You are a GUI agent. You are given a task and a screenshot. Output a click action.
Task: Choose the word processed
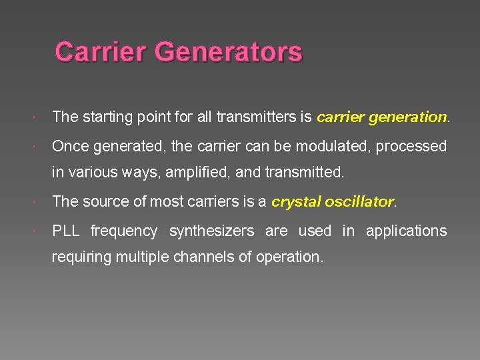click(411, 146)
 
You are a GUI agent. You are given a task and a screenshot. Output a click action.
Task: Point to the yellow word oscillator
click(359, 201)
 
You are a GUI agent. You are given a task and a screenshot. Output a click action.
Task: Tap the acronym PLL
click(66, 231)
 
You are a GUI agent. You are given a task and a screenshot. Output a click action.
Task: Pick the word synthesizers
click(211, 231)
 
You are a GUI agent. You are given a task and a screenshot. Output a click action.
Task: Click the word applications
click(407, 231)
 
